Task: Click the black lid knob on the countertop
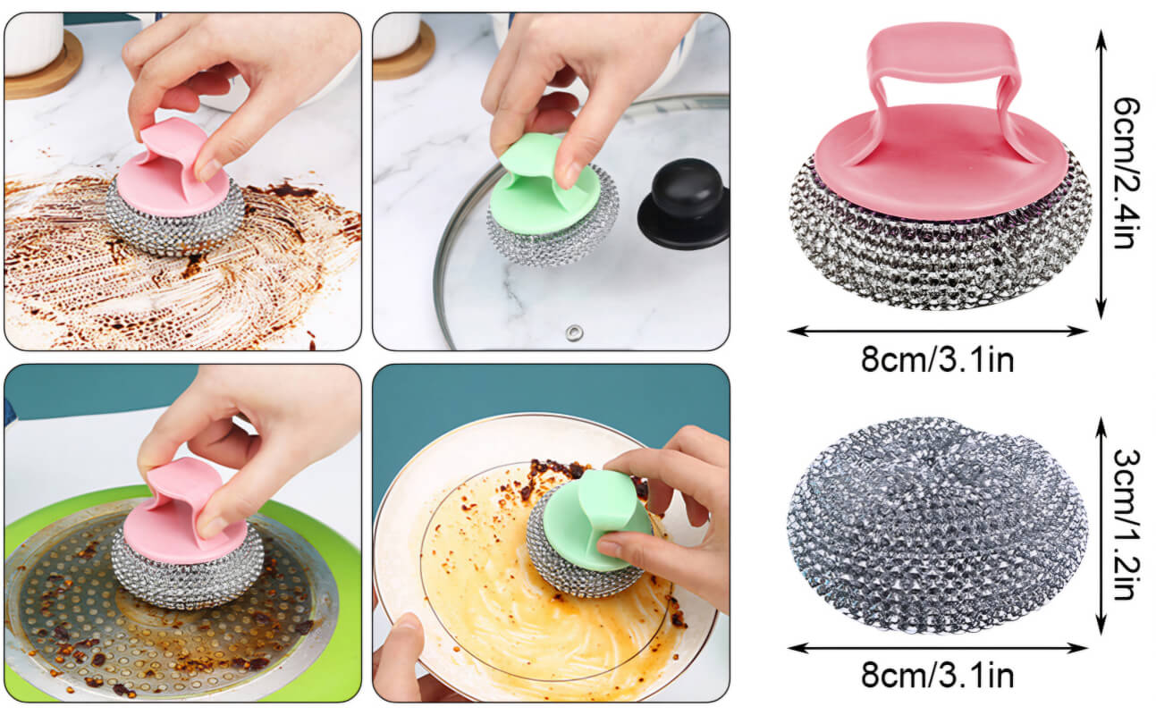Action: coord(684,203)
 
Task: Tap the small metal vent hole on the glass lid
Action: coord(574,332)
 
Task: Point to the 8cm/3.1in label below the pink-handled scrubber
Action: coord(937,359)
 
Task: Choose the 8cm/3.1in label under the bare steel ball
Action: coord(937,675)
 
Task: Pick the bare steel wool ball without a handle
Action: coord(937,526)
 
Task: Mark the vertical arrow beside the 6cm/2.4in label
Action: coord(1101,174)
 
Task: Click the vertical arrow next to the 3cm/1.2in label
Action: coord(1101,526)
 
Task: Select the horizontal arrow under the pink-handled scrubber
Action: coord(937,331)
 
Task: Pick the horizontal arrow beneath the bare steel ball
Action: coord(937,648)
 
